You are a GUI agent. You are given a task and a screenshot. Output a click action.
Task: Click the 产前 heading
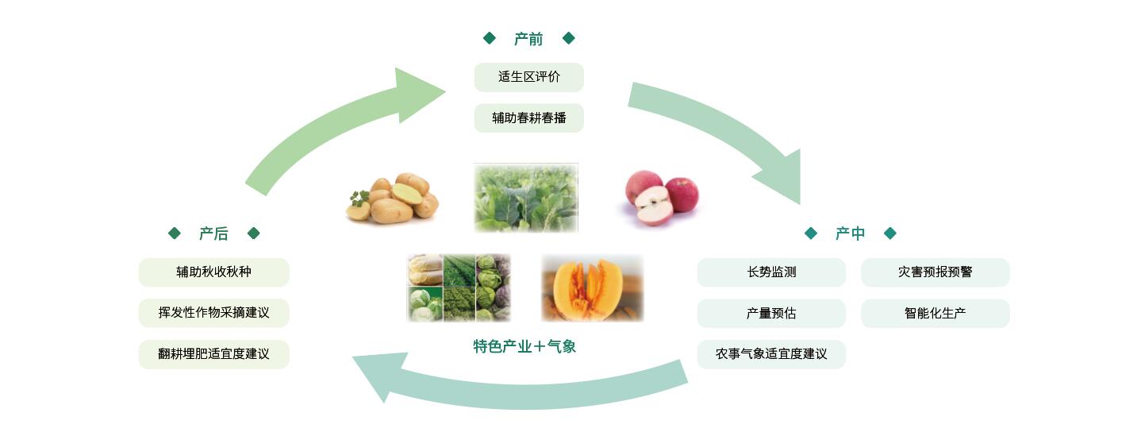click(528, 38)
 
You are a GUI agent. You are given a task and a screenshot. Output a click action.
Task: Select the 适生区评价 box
click(529, 77)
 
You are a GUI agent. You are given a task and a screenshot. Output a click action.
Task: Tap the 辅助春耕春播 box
click(529, 118)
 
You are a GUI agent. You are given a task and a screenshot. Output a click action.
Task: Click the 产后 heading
click(213, 233)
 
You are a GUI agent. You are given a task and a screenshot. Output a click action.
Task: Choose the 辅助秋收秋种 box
click(213, 272)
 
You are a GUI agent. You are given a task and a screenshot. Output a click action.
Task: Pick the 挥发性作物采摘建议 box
click(213, 313)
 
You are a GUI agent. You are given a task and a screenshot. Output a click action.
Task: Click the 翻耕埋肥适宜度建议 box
click(213, 353)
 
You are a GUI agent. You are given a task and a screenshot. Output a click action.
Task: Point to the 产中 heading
click(850, 233)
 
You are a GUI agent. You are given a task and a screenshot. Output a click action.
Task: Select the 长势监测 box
click(771, 272)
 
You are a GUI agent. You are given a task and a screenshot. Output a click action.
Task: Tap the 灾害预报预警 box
click(936, 272)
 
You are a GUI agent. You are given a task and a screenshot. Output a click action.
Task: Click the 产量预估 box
click(771, 313)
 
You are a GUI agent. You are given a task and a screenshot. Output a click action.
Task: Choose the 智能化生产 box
click(936, 313)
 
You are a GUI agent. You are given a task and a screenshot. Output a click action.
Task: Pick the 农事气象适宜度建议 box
click(771, 353)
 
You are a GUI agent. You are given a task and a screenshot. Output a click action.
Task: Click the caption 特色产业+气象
click(524, 346)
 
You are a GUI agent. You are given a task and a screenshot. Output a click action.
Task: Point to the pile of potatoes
click(393, 199)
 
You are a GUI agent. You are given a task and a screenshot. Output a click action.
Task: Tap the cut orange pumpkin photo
click(593, 288)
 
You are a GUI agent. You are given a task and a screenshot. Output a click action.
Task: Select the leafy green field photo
click(526, 198)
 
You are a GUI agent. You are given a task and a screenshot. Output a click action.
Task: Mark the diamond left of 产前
click(490, 38)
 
